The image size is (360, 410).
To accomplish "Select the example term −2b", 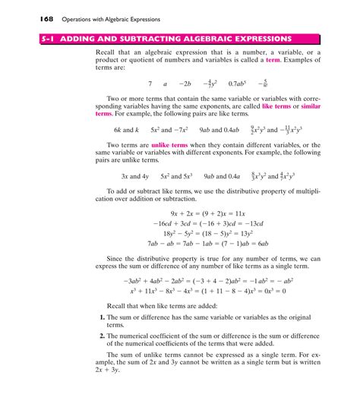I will tap(184, 85).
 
